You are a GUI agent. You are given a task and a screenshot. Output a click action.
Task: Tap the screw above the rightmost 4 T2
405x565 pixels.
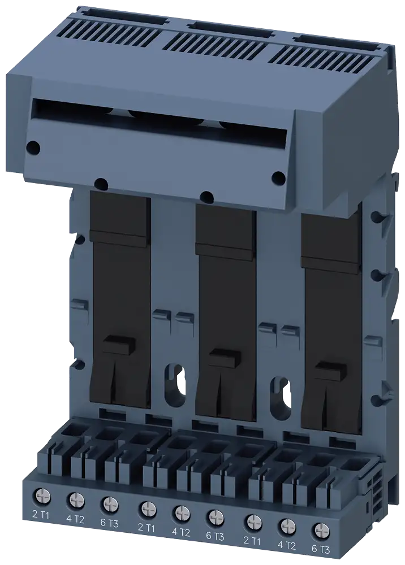coord(287,527)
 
